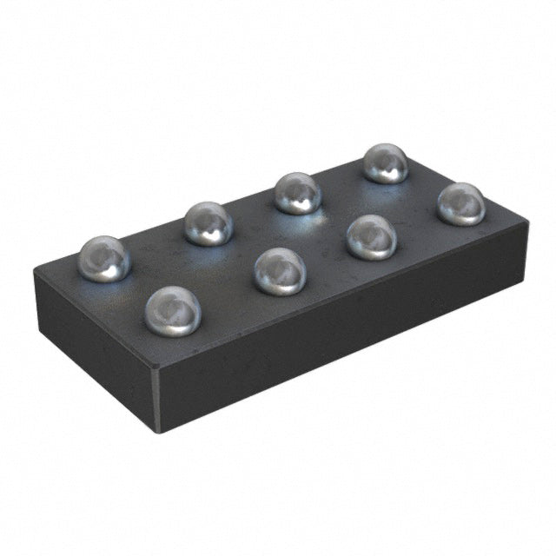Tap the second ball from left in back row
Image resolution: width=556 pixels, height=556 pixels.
coord(208,223)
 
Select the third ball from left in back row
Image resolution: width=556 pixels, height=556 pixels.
coord(298,193)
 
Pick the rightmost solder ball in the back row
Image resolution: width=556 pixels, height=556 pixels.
coord(385,162)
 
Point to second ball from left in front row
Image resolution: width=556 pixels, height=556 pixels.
coord(280,271)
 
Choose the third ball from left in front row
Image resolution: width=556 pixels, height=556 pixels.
coord(372,236)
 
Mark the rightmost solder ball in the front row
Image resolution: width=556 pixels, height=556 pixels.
coord(460,203)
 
